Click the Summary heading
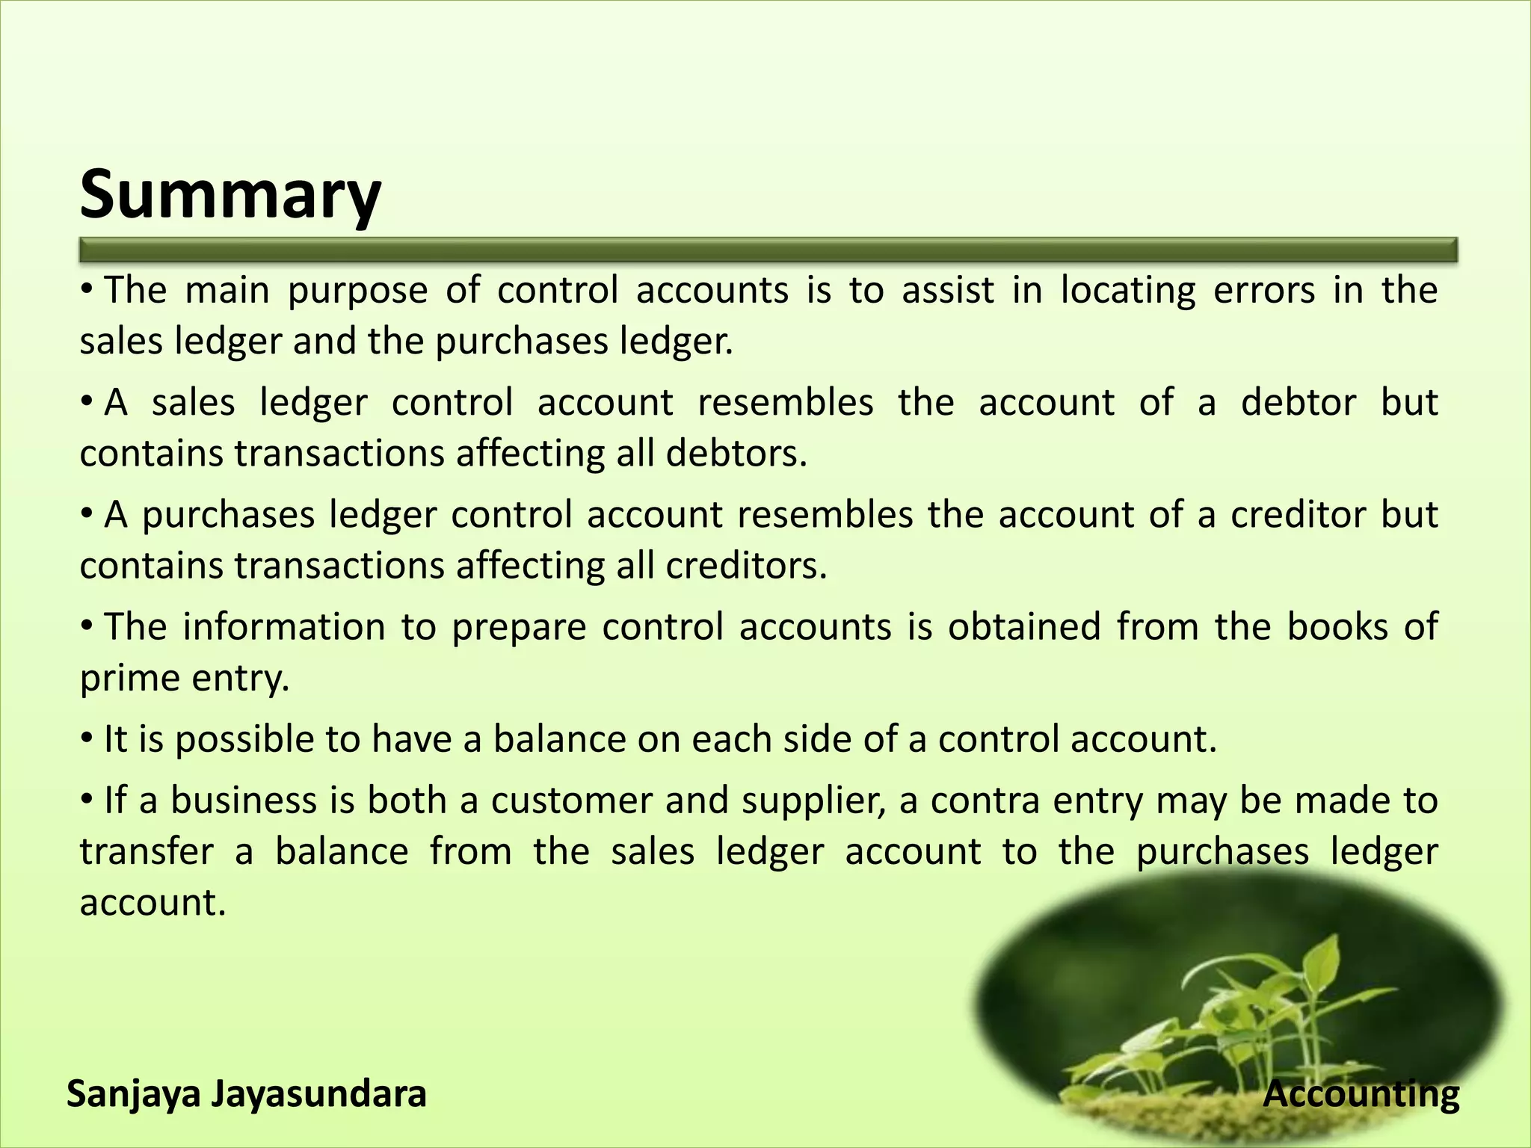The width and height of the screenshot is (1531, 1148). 230,194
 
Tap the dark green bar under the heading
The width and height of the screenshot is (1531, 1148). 768,250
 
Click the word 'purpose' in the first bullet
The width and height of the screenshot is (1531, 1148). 357,291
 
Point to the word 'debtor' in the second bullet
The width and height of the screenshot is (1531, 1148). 1298,403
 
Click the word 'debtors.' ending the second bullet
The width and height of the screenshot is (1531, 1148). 736,454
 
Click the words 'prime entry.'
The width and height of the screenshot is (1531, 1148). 184,679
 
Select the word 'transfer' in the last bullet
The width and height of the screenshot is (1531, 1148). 147,852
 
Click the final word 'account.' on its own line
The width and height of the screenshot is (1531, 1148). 153,903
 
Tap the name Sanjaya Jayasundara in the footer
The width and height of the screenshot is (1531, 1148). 247,1095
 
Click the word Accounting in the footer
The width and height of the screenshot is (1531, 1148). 1361,1095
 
